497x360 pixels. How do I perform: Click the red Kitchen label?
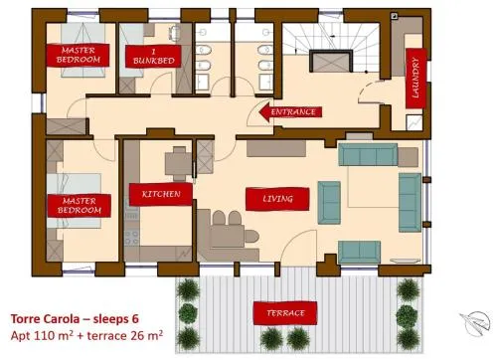[161, 194]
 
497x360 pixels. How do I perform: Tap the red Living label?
[277, 199]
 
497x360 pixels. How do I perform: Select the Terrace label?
[285, 313]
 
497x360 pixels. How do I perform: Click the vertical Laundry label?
[415, 79]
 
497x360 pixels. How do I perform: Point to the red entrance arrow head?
[265, 112]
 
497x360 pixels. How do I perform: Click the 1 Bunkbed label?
[153, 57]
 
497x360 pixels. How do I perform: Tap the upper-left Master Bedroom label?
[78, 55]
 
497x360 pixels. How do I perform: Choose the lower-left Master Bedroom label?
[79, 206]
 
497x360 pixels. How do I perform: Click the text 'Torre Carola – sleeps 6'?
[75, 319]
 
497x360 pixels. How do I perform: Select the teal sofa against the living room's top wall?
[368, 154]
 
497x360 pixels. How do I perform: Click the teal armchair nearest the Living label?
[329, 203]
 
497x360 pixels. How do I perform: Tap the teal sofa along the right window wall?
[411, 202]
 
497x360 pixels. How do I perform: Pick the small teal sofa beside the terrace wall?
[359, 253]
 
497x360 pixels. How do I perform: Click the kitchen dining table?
[178, 163]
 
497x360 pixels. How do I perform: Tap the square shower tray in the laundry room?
[414, 122]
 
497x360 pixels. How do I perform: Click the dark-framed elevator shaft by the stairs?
[331, 61]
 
